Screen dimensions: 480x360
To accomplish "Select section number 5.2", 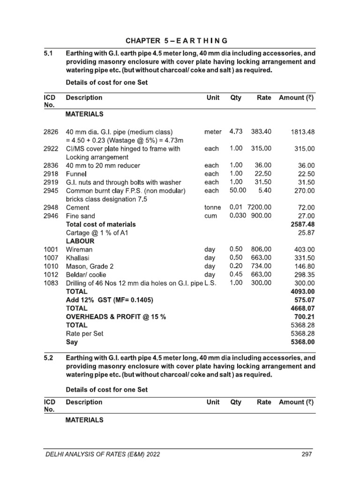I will (x=49, y=357).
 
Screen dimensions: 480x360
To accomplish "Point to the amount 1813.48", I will (x=303, y=132).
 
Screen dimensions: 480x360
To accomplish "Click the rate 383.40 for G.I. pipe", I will (x=262, y=132).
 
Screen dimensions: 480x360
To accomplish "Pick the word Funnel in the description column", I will (x=76, y=174).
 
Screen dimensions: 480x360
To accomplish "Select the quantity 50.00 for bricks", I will (x=238, y=190).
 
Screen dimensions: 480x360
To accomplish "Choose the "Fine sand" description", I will (x=80, y=216).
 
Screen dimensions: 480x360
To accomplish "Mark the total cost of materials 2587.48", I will (x=303, y=225).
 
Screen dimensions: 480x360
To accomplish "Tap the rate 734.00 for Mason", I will (x=262, y=266).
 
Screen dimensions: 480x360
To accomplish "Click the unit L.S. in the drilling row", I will (x=211, y=283).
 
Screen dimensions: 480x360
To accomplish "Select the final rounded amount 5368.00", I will (x=303, y=342).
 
